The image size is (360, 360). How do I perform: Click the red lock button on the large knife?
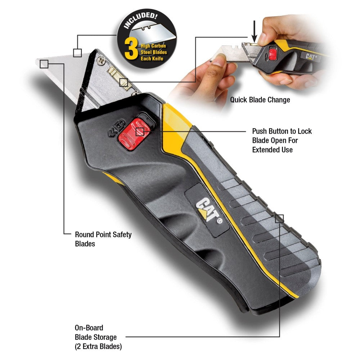coord(134,134)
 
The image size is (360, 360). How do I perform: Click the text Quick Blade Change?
coord(260,100)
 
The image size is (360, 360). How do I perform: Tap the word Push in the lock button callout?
coord(260,131)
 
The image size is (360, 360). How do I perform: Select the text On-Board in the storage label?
coord(89,328)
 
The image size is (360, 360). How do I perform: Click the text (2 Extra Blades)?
coord(98,346)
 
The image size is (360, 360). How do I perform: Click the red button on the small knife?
coord(273,54)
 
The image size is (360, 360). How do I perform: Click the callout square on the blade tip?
coord(44,64)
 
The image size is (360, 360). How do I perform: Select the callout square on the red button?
coord(140,132)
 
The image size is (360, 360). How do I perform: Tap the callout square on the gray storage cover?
coord(279,219)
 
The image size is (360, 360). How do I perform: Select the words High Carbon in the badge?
coord(153,46)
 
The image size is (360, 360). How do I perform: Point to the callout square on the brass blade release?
coord(124,82)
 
